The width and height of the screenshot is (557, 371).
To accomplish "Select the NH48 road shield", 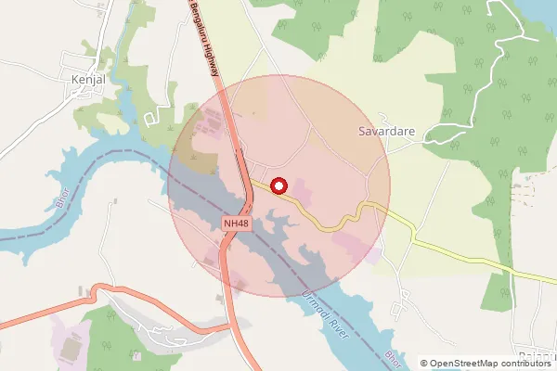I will (237, 224).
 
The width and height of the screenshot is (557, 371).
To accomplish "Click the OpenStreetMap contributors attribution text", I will (491, 363).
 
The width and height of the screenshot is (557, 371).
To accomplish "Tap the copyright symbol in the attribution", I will (424, 363).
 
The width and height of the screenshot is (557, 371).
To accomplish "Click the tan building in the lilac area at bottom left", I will (70, 349).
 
